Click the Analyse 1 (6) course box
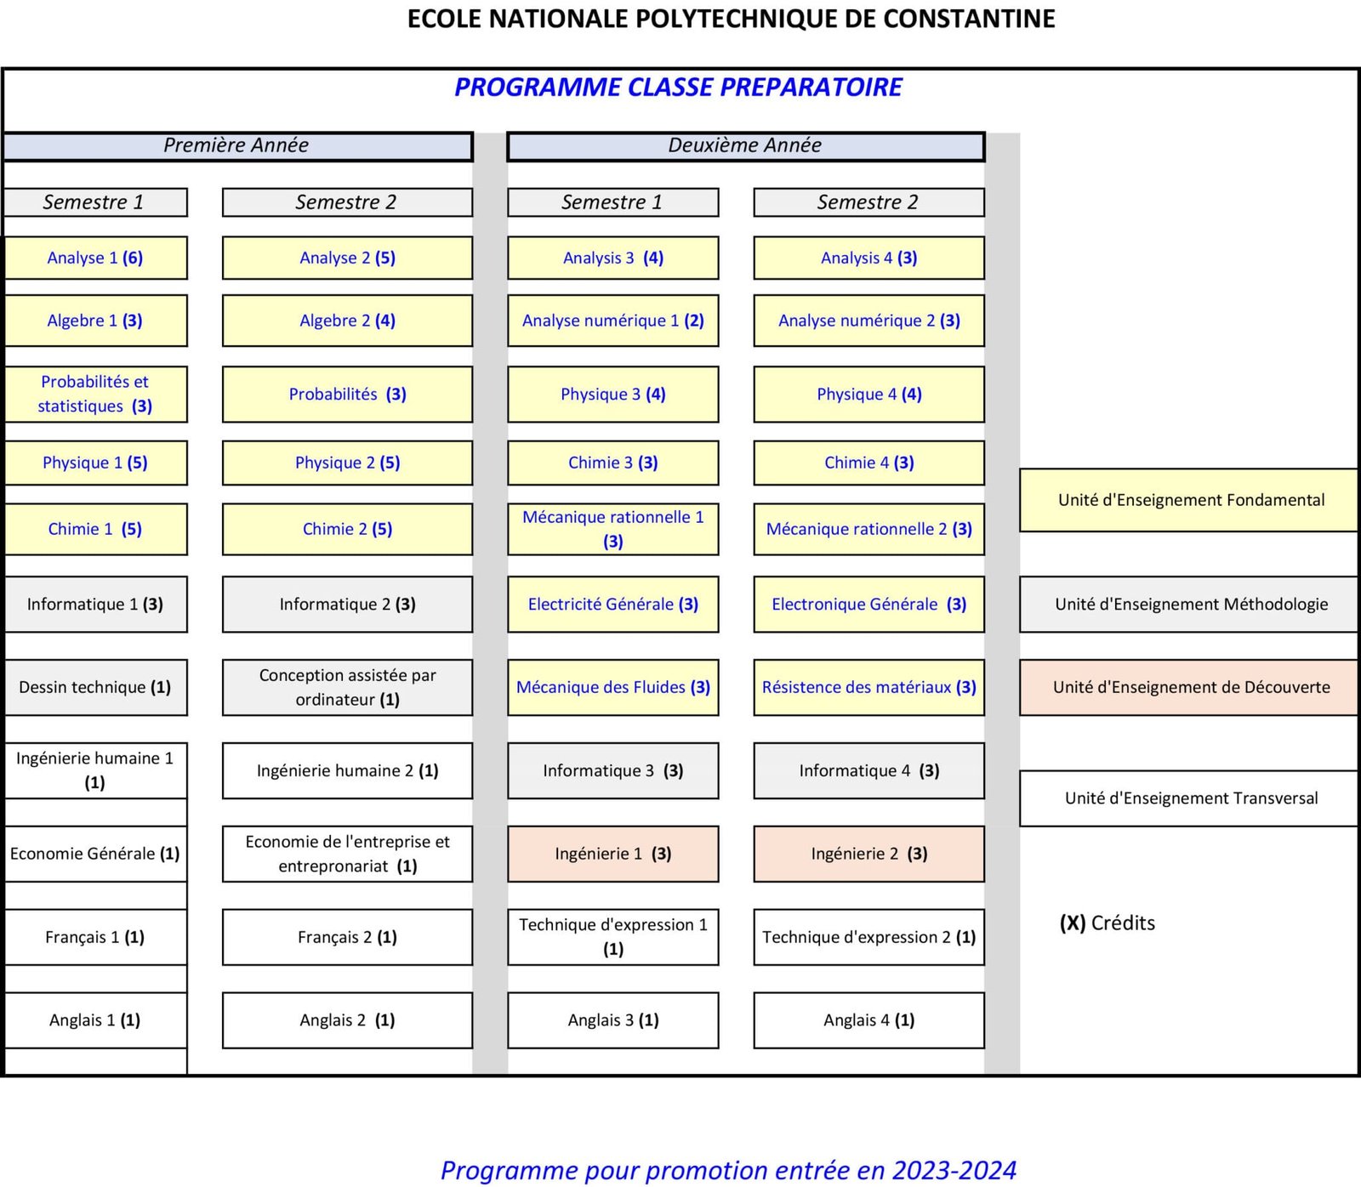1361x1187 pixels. click(95, 258)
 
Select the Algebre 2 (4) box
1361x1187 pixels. click(347, 321)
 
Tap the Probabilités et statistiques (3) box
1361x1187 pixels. click(95, 394)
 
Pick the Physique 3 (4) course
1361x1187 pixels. click(612, 394)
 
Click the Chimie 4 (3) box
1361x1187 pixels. click(868, 463)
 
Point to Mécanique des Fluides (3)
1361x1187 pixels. click(612, 687)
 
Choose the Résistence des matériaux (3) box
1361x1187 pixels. click(868, 687)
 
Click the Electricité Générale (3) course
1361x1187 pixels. click(612, 604)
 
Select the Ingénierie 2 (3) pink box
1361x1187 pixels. click(868, 853)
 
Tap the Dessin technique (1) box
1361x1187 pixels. click(95, 687)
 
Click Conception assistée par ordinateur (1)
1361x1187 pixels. click(347, 687)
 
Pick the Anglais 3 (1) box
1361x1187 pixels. click(612, 1019)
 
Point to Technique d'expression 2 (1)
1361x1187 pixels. click(868, 936)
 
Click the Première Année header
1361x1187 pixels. click(236, 145)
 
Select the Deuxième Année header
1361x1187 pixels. click(745, 145)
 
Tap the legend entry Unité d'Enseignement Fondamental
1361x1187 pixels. click(1190, 500)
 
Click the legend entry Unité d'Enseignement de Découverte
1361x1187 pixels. click(1190, 687)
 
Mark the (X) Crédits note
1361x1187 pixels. click(1107, 923)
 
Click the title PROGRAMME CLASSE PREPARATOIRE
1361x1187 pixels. click(678, 87)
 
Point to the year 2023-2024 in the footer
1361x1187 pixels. click(954, 1170)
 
